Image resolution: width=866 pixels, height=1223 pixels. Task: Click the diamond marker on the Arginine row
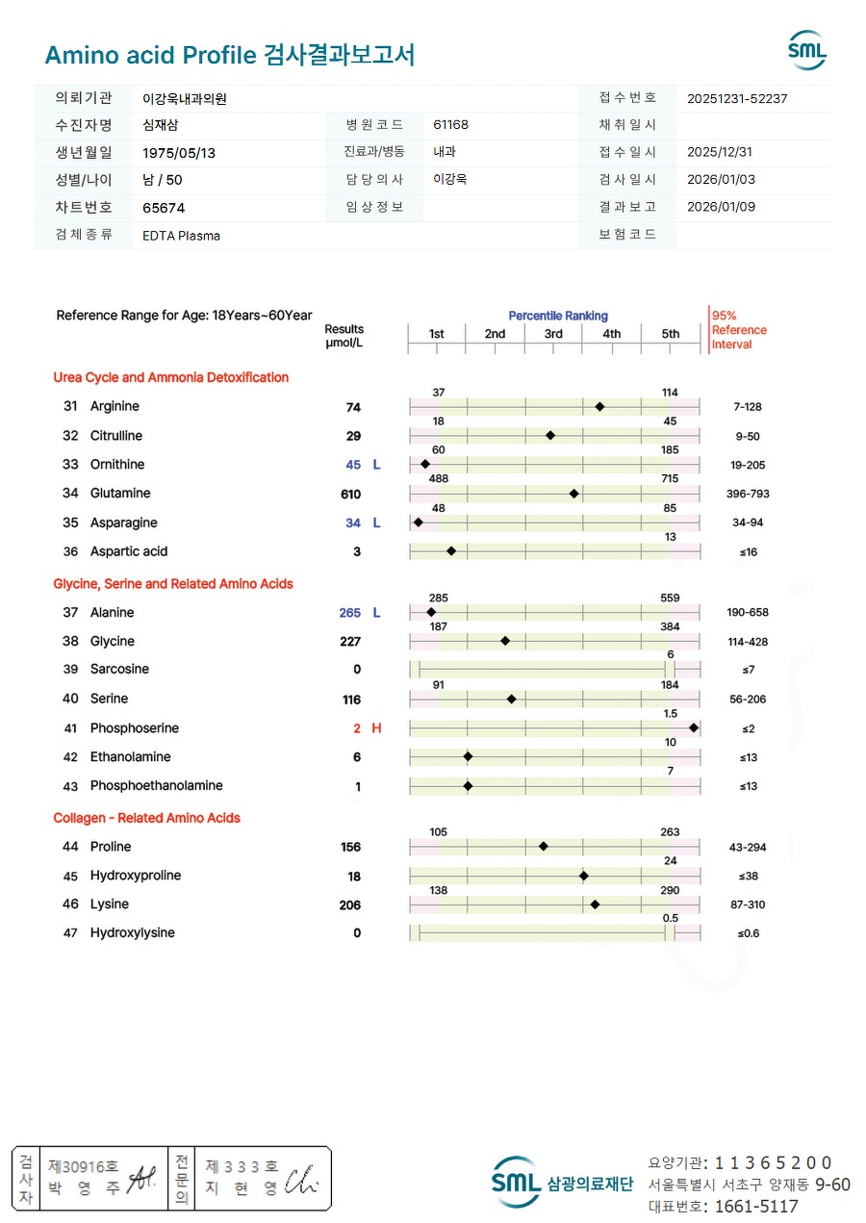(599, 407)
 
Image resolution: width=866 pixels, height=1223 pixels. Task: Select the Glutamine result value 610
(350, 495)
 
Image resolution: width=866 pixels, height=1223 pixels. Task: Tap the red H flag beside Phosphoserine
(376, 728)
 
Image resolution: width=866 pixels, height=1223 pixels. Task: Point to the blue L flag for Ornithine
(376, 465)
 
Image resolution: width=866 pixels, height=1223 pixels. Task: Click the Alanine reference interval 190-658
(748, 613)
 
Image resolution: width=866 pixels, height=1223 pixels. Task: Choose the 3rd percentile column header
(553, 334)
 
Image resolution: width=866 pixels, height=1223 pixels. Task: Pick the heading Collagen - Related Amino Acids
(146, 818)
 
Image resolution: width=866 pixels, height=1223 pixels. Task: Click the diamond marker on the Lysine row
(595, 905)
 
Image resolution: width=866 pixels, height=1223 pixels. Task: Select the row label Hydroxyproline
(136, 876)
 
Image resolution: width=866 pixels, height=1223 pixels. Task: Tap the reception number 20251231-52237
(738, 98)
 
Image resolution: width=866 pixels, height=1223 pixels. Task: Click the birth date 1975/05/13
(179, 152)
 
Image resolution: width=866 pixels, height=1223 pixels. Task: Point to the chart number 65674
(164, 208)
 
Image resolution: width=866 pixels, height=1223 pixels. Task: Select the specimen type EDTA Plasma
(181, 236)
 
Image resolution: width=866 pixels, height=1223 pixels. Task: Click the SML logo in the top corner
(806, 50)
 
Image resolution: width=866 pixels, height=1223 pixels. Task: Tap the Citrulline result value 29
(353, 436)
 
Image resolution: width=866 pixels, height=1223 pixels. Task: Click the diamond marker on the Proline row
(544, 847)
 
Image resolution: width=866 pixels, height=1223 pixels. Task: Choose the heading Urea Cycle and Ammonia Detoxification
(170, 377)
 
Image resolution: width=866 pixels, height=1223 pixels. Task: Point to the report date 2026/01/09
(720, 207)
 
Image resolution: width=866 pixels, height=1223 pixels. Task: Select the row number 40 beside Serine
(70, 699)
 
